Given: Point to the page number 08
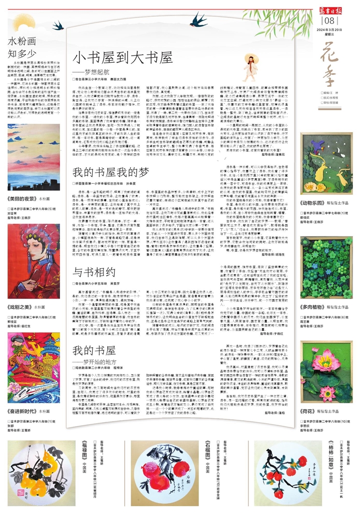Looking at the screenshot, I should pyautogui.click(x=328, y=21).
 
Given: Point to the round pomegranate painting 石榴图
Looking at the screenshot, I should pyautogui.click(x=163, y=468).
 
